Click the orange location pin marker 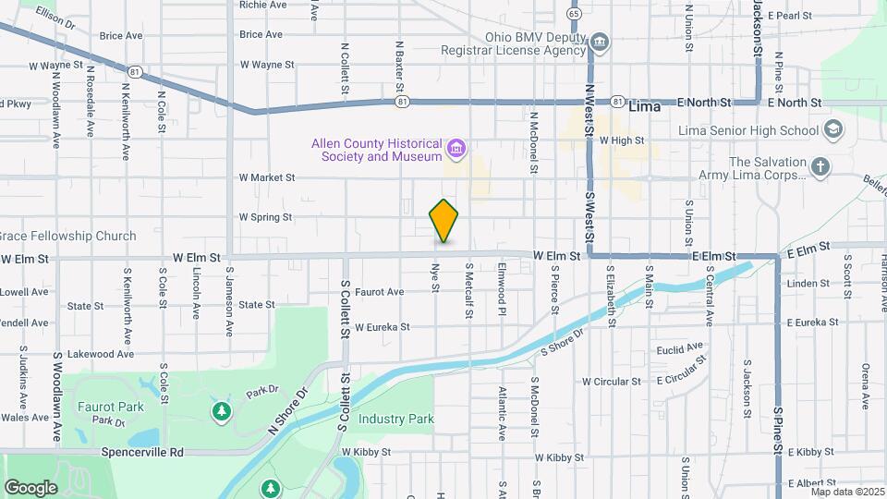pos(444,220)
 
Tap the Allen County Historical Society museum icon pos(456,149)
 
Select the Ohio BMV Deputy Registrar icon pos(599,42)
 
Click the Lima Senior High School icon pos(834,130)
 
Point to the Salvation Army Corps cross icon pos(819,167)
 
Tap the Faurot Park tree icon pos(221,409)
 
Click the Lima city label pos(645,107)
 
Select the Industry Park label pos(396,419)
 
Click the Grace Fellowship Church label pos(68,236)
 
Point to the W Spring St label pos(265,217)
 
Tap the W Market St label pos(266,176)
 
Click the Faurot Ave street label pos(379,291)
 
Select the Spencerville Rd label pos(145,452)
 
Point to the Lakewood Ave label pos(103,353)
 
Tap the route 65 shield pos(575,14)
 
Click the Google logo pos(30,487)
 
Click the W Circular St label pos(611,381)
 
